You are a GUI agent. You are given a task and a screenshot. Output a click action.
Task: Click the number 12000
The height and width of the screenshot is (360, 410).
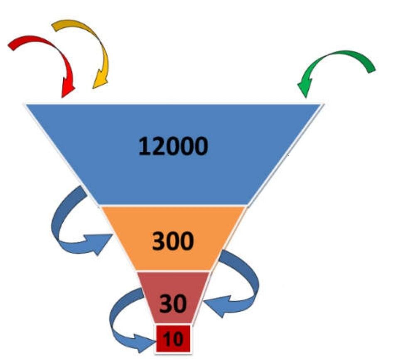click(x=173, y=146)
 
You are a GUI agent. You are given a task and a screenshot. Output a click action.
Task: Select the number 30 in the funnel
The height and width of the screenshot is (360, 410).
click(x=173, y=304)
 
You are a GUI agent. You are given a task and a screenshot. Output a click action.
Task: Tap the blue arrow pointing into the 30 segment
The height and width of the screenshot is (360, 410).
click(x=245, y=287)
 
